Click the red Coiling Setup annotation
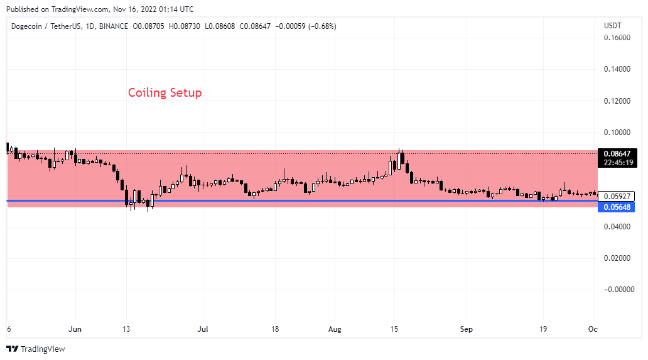tap(165, 93)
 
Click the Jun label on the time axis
tap(75, 329)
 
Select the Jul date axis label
tap(203, 329)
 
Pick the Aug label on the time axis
tap(335, 329)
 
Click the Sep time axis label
tap(466, 329)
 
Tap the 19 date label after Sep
tap(544, 329)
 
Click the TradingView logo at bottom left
tap(36, 349)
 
